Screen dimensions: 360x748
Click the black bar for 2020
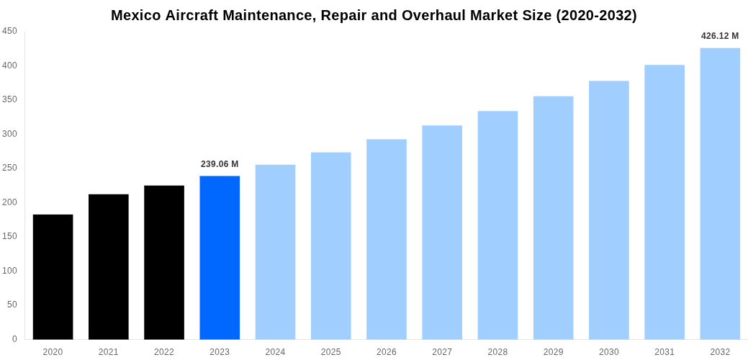point(53,277)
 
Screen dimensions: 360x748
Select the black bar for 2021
point(109,266)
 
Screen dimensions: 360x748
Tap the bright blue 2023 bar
point(220,258)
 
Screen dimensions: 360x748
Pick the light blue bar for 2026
point(387,239)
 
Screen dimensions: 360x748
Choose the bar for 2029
point(553,217)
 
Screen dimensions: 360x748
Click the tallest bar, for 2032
point(720,194)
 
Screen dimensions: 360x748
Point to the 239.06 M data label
point(220,164)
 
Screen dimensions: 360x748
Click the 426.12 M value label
point(720,36)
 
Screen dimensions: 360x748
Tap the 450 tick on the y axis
point(9,31)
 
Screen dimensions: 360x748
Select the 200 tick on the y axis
point(9,202)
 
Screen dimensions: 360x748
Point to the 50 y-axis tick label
point(12,305)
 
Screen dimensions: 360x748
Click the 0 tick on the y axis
point(14,339)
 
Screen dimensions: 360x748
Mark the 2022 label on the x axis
point(164,352)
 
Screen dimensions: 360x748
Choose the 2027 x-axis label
point(442,352)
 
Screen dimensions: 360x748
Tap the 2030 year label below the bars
point(608,352)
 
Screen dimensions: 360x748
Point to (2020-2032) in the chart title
point(596,15)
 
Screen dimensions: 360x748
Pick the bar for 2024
point(275,252)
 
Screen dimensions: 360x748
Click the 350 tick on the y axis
point(9,99)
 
